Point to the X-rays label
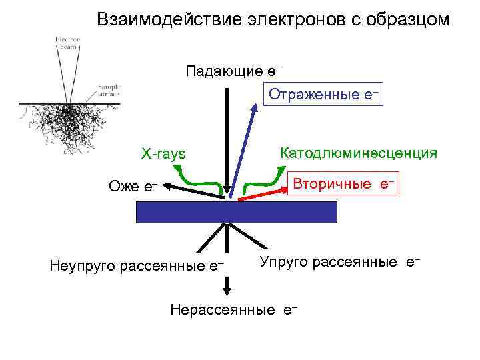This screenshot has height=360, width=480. [163, 155]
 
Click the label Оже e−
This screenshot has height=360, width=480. [133, 186]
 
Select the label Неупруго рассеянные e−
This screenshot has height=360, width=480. [137, 267]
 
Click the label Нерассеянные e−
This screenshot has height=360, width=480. [233, 309]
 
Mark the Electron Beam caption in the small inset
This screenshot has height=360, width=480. [67, 43]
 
